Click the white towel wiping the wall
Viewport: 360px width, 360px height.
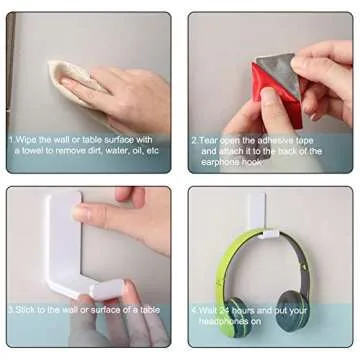pyautogui.click(x=74, y=80)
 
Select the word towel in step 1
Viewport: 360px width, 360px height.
pyautogui.click(x=31, y=151)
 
